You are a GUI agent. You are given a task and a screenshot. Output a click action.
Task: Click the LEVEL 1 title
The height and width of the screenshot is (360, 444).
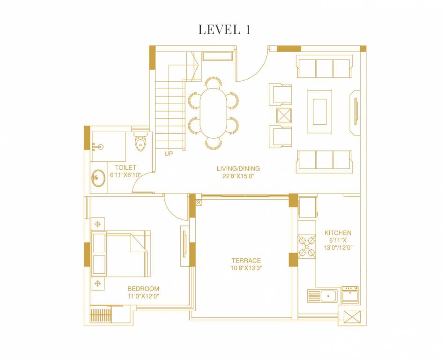(x=224, y=30)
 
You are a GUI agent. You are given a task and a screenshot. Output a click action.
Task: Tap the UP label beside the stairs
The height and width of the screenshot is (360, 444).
(x=169, y=153)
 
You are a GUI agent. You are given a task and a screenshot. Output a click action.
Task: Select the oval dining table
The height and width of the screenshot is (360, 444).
(x=213, y=112)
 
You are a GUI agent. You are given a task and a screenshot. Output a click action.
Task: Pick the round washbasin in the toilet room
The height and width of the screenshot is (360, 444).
(x=98, y=178)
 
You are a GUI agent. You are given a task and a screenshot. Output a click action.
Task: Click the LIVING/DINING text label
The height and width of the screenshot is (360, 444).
(x=238, y=168)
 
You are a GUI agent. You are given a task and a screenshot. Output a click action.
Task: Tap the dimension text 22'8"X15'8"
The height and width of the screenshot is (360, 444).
(x=238, y=176)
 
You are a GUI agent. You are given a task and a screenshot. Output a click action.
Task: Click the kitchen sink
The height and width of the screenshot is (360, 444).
(x=323, y=296)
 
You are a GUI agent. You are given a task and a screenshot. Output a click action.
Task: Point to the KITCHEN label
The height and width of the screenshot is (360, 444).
(x=338, y=232)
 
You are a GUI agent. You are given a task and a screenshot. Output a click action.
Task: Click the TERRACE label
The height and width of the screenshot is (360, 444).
(x=245, y=261)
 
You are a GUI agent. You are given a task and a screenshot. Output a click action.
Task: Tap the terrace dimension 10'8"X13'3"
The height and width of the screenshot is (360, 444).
(x=245, y=269)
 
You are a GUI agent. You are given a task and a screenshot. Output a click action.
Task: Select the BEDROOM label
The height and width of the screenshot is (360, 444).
(x=143, y=289)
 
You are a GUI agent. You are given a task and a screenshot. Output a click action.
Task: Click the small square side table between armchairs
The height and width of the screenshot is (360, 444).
(x=284, y=115)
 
